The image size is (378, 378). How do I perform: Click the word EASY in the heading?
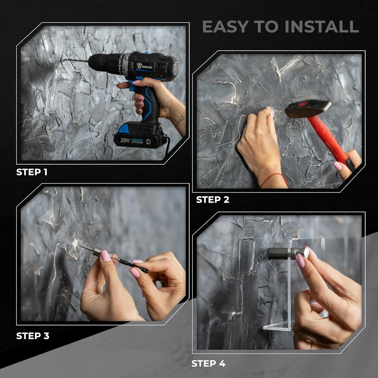coord(225,27)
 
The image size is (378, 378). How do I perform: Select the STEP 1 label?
coord(32,172)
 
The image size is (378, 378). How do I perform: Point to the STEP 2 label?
coord(213,200)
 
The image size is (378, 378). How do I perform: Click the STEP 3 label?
coord(33,336)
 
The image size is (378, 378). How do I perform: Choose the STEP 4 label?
coord(208,363)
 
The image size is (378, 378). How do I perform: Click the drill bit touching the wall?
coord(77,60)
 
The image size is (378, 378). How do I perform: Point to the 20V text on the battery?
coord(125,140)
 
